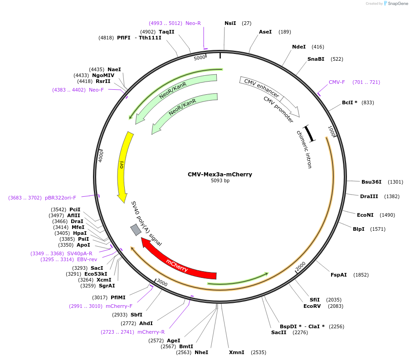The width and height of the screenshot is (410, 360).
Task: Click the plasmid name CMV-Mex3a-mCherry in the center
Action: (x=220, y=174)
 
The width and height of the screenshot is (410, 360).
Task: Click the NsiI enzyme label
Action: (x=230, y=23)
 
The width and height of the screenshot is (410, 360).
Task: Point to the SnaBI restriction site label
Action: (x=316, y=59)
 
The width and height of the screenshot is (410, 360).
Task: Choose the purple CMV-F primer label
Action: (x=337, y=82)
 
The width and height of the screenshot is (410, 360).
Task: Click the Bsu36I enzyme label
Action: (x=371, y=182)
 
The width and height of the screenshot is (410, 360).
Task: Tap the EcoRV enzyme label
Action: (x=312, y=306)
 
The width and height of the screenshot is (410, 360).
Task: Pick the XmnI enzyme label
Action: (x=236, y=352)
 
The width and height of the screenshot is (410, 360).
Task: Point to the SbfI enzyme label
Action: (x=137, y=315)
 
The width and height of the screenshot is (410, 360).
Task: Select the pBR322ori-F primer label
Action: (x=60, y=198)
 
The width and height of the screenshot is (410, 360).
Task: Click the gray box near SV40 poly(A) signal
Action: (x=136, y=230)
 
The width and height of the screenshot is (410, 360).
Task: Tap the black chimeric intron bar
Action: (x=309, y=133)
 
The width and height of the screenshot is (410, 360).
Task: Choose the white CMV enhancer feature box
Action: (x=261, y=88)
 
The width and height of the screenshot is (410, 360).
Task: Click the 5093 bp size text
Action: (x=220, y=180)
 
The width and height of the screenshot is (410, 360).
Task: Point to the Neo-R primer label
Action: (x=193, y=23)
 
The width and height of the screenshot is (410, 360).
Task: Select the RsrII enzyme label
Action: (x=103, y=81)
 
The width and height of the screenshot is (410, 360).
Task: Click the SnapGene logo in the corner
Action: (x=395, y=4)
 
